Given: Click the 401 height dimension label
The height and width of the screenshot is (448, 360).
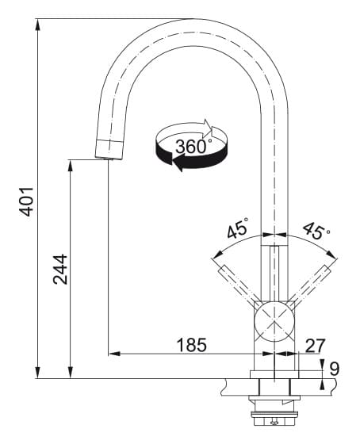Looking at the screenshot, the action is [26, 201].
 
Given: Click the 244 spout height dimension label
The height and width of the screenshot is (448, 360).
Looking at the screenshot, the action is [60, 270].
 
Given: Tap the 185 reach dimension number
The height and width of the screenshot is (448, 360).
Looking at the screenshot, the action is [191, 345].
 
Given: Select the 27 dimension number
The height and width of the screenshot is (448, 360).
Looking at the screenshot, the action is [315, 346].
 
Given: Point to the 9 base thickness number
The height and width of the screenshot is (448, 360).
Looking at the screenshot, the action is [335, 369].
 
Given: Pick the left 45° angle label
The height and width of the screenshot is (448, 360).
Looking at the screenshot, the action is [237, 228].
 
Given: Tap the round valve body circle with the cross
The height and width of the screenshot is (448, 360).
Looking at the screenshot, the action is [274, 321].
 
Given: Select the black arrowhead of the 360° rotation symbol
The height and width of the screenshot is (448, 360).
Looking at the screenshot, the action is [178, 163].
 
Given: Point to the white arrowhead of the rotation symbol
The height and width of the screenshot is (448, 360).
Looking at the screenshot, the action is [208, 128].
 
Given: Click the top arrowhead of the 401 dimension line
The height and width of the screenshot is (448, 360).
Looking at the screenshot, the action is [37, 25].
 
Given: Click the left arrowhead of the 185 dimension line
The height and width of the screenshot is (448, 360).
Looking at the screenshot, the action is [114, 354].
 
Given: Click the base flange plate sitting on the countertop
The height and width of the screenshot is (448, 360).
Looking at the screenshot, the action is [274, 374].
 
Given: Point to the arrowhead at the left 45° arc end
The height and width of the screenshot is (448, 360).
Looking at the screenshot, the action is [218, 254].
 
